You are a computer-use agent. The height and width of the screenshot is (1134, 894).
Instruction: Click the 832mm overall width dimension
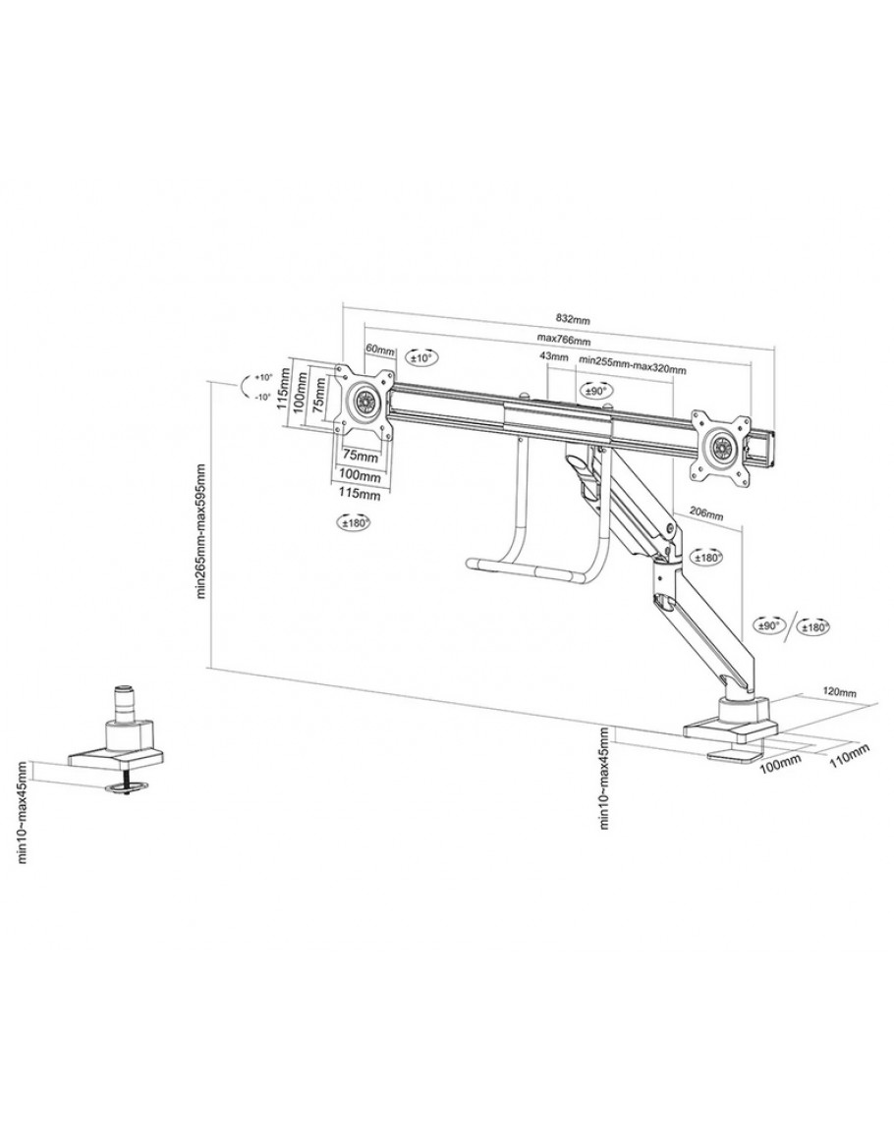point(574,319)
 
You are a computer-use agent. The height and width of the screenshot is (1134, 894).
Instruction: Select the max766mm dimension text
point(564,339)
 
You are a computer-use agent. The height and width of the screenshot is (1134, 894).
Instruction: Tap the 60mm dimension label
point(380,350)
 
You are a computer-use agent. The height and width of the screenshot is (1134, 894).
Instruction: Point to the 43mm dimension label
point(554,357)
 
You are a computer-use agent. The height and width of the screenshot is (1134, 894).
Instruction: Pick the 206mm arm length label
point(705,514)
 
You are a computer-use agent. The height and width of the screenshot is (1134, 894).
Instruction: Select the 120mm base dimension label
point(840,692)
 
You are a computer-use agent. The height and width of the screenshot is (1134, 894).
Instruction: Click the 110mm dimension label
point(848,754)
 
